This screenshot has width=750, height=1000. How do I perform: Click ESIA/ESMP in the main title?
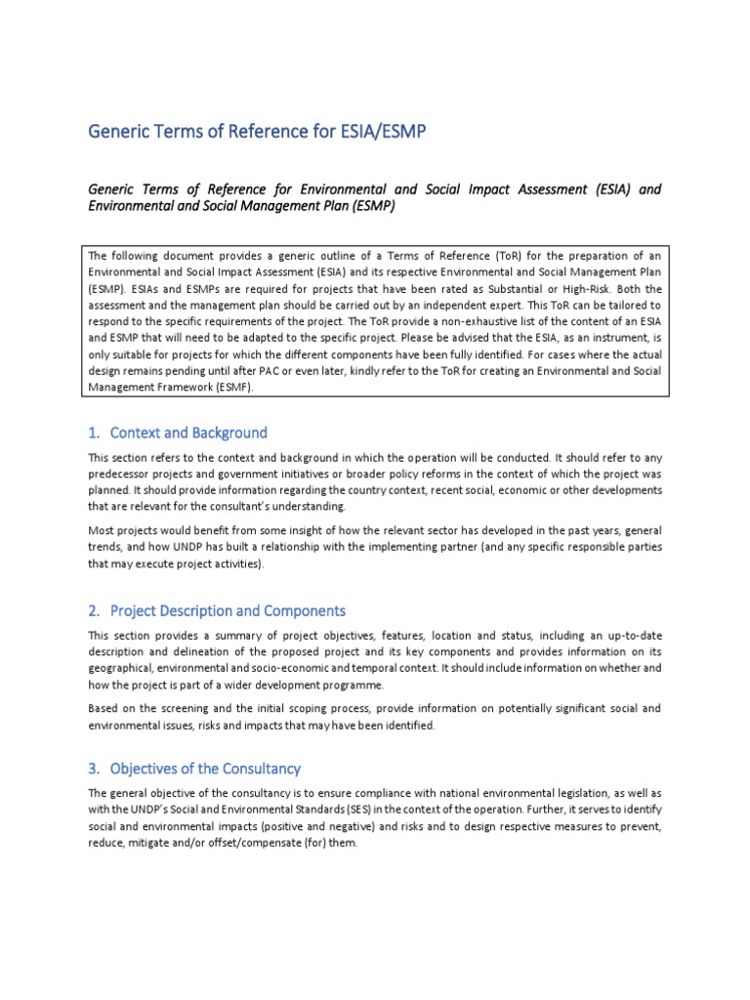[x=382, y=131]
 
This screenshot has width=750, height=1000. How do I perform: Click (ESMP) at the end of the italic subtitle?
[x=369, y=206]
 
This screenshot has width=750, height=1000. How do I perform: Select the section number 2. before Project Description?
[x=94, y=610]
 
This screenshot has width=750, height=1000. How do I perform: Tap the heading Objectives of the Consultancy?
[x=205, y=768]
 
